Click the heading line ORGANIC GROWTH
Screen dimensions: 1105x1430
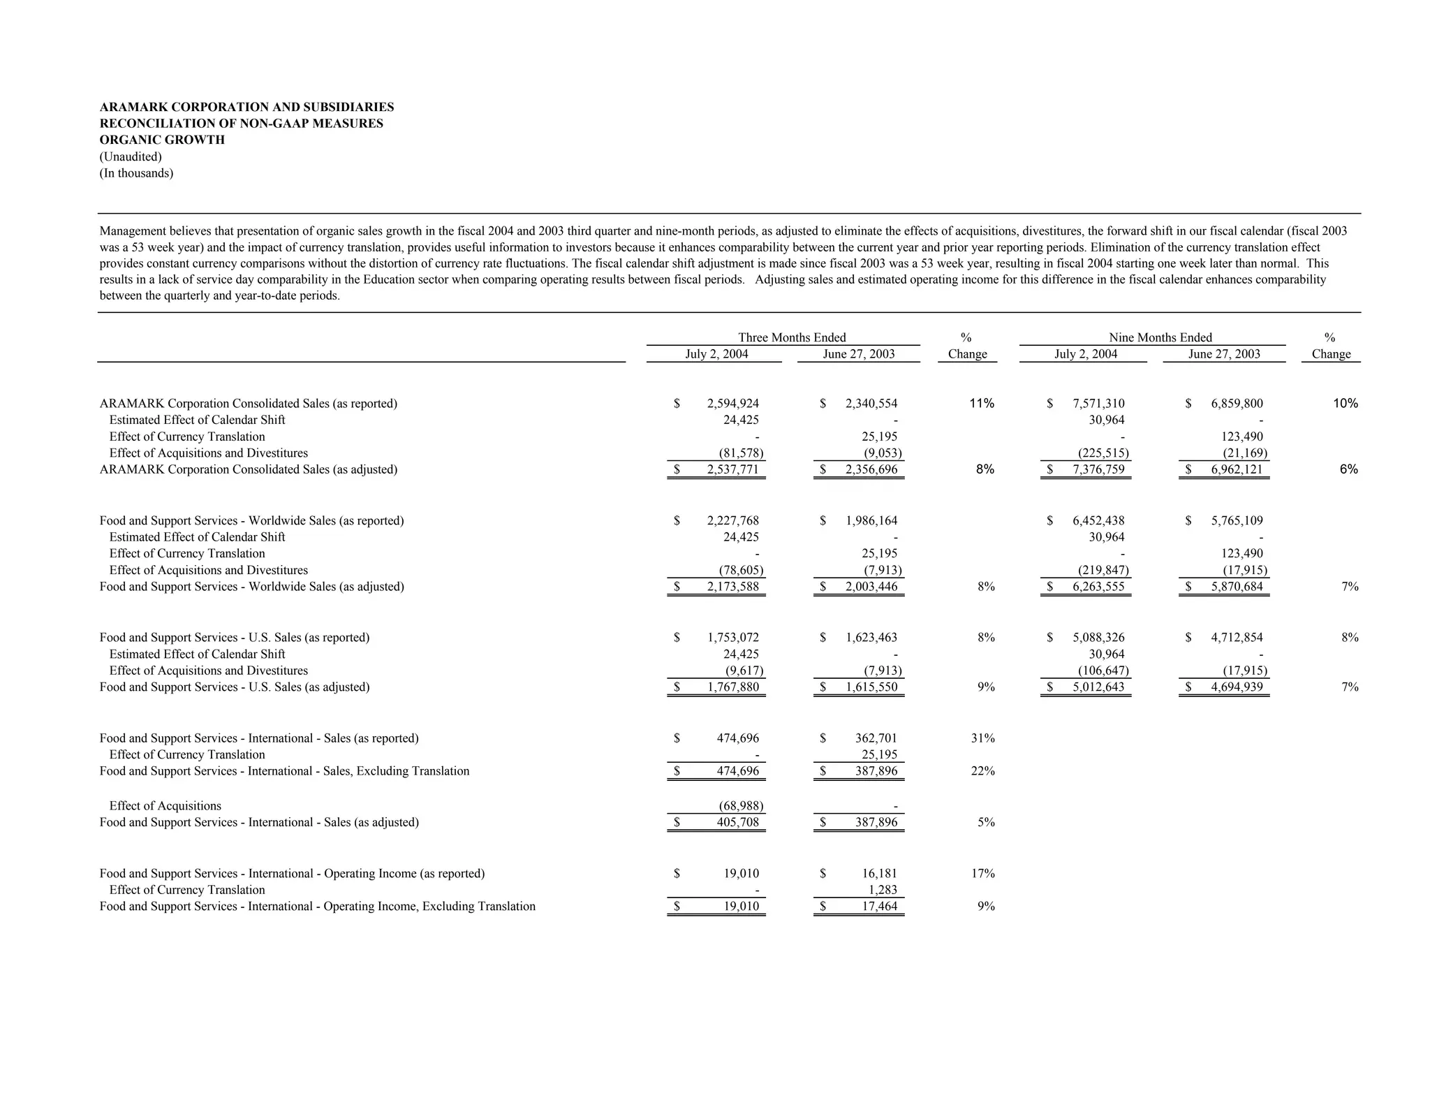click(162, 140)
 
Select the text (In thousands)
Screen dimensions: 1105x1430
click(136, 173)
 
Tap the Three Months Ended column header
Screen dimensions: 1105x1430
click(791, 337)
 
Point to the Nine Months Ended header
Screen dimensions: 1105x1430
click(1160, 337)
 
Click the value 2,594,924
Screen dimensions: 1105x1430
click(732, 403)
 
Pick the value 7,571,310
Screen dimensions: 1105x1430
click(1098, 403)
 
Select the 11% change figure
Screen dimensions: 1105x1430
click(981, 403)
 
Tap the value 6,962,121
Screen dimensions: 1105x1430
click(1237, 469)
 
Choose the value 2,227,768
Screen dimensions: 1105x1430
click(732, 520)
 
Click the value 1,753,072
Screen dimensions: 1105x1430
click(732, 637)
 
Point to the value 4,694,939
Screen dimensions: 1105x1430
click(1237, 687)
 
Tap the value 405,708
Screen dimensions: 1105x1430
click(737, 822)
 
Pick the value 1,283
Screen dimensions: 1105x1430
click(883, 890)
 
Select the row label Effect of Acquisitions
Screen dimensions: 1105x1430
click(165, 805)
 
